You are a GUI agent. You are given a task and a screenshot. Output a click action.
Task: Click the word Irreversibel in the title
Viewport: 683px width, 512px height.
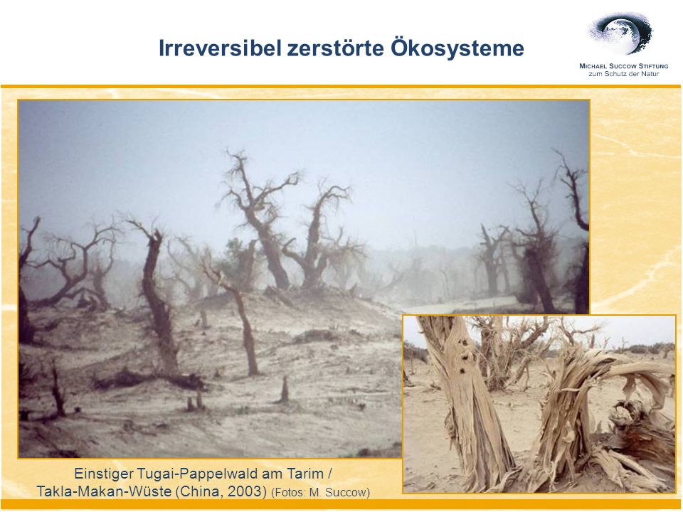[220, 48]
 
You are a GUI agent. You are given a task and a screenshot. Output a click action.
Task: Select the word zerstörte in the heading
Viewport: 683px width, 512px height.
[335, 48]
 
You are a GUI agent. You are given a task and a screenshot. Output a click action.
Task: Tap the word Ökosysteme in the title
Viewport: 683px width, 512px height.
[457, 48]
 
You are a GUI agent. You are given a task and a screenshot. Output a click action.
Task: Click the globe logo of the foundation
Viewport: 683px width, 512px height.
[621, 33]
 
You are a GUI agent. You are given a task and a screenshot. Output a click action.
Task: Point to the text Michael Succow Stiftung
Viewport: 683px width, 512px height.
[623, 66]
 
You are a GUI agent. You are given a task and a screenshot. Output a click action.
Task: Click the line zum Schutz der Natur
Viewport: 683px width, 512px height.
[624, 74]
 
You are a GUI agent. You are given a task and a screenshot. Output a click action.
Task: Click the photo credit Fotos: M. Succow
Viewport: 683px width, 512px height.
[321, 492]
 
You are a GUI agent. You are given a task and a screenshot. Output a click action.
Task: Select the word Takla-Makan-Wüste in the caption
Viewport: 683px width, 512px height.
[104, 491]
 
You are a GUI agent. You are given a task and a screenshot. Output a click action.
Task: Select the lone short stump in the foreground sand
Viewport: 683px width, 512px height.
[284, 389]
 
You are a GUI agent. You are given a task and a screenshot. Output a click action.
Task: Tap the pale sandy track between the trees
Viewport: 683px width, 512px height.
[462, 305]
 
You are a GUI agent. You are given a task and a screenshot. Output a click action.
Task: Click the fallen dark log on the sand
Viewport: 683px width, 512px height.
[148, 379]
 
